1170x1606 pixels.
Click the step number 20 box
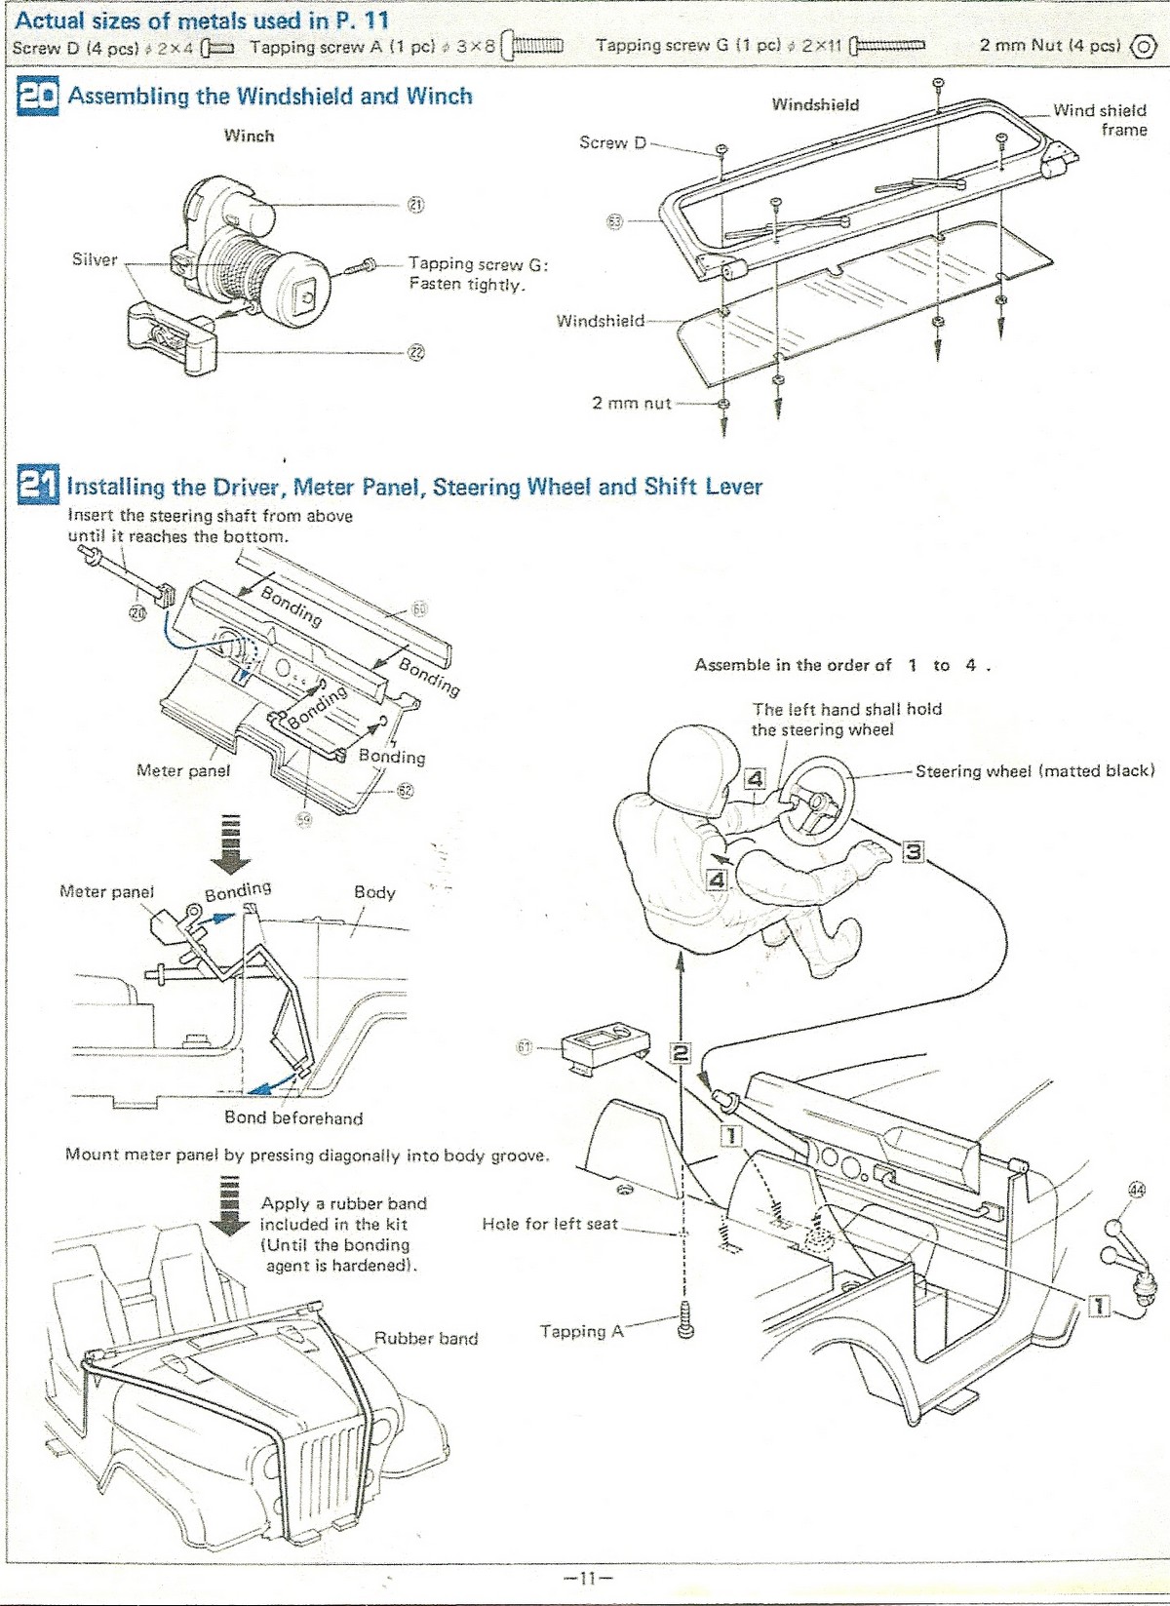pos(38,98)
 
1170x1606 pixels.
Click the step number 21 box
pos(38,487)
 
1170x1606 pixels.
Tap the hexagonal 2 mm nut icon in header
pos(1142,47)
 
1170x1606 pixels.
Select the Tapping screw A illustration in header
pos(532,46)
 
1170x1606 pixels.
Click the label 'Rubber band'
pos(426,1338)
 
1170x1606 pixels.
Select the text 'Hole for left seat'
pos(550,1224)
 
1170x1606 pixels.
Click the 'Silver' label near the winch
pos(95,259)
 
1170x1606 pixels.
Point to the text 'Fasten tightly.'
pos(467,285)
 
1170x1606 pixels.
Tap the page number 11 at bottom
pos(585,1576)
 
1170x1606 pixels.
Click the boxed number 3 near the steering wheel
pos(912,851)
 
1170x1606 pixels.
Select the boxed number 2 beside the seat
pos(680,1053)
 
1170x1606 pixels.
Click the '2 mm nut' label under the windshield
pos(632,402)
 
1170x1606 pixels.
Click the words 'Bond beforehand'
pos(292,1117)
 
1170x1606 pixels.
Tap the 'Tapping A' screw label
pos(581,1331)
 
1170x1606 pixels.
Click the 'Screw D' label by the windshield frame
pos(612,142)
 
